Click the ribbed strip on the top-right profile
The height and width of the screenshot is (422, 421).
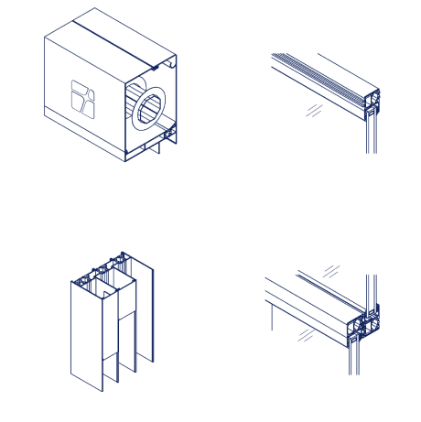[320, 73]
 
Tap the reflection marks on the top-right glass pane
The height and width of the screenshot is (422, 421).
[314, 111]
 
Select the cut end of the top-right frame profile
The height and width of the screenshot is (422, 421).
[371, 103]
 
